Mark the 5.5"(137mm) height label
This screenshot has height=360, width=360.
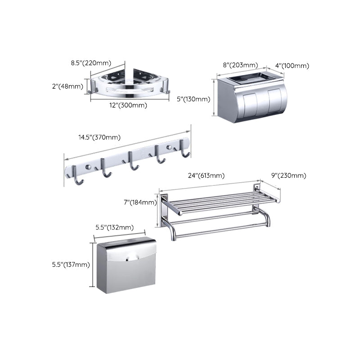click(71, 265)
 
